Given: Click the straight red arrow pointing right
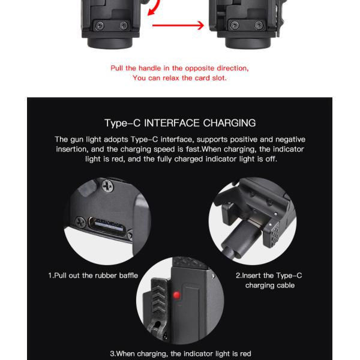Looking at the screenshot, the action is pyautogui.click(x=178, y=25).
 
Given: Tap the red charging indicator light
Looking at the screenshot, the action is pyautogui.click(x=176, y=295).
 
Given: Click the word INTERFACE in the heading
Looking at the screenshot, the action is pyautogui.click(x=172, y=123).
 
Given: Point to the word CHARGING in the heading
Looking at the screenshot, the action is pyautogui.click(x=229, y=123).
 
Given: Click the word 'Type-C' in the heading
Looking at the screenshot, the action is pyautogui.click(x=122, y=123).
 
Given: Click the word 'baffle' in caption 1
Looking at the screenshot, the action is pyautogui.click(x=128, y=275).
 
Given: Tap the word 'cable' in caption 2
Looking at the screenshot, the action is pyautogui.click(x=286, y=286).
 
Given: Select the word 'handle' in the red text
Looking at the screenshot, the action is pyautogui.click(x=149, y=68).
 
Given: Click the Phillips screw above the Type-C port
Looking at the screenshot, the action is pyautogui.click(x=107, y=186).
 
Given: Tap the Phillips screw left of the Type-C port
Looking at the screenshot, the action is pyautogui.click(x=80, y=222).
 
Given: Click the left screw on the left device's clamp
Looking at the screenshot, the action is pyautogui.click(x=100, y=25).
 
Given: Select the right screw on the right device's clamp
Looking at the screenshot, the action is pyautogui.click(x=259, y=25).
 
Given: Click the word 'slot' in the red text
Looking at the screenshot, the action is pyautogui.click(x=219, y=78).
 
